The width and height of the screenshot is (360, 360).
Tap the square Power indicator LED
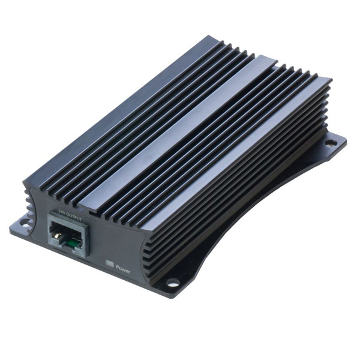pyautogui.click(x=109, y=262)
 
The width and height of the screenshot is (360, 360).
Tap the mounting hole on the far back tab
pyautogui.click(x=330, y=142)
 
